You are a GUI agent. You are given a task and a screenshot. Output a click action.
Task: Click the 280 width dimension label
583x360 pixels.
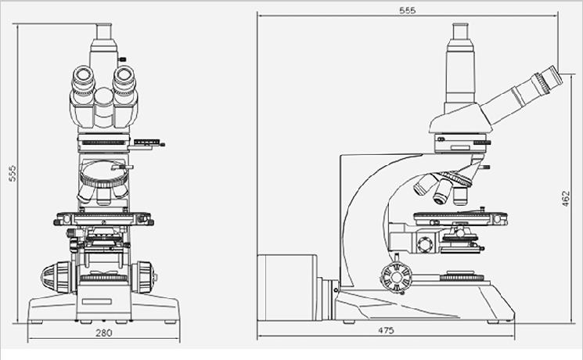coord(104,333)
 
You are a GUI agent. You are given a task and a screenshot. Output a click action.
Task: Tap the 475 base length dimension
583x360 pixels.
coord(386,330)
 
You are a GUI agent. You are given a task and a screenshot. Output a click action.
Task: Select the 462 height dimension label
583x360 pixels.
coord(565,199)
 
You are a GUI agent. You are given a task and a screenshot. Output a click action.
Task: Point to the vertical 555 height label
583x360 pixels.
coord(13,173)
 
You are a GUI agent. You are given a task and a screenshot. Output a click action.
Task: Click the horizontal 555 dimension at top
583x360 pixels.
coord(407,10)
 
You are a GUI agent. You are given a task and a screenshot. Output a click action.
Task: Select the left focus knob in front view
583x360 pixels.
coord(57,277)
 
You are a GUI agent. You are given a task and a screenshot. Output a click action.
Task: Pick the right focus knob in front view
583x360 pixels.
coord(143,277)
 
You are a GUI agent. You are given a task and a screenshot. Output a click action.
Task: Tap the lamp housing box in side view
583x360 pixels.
coord(287,287)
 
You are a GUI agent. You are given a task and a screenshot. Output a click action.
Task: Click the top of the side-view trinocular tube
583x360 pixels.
coord(460,31)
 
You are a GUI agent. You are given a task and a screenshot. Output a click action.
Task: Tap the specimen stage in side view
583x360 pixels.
coord(460,218)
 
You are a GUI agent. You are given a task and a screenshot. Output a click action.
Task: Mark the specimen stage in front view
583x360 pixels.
coord(104,218)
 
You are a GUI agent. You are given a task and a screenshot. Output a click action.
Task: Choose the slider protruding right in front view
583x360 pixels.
coord(146,144)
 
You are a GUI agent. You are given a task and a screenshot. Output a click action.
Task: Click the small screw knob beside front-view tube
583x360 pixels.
coord(122,59)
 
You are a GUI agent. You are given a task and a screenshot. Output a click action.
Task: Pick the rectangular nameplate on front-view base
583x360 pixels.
coord(97,301)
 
